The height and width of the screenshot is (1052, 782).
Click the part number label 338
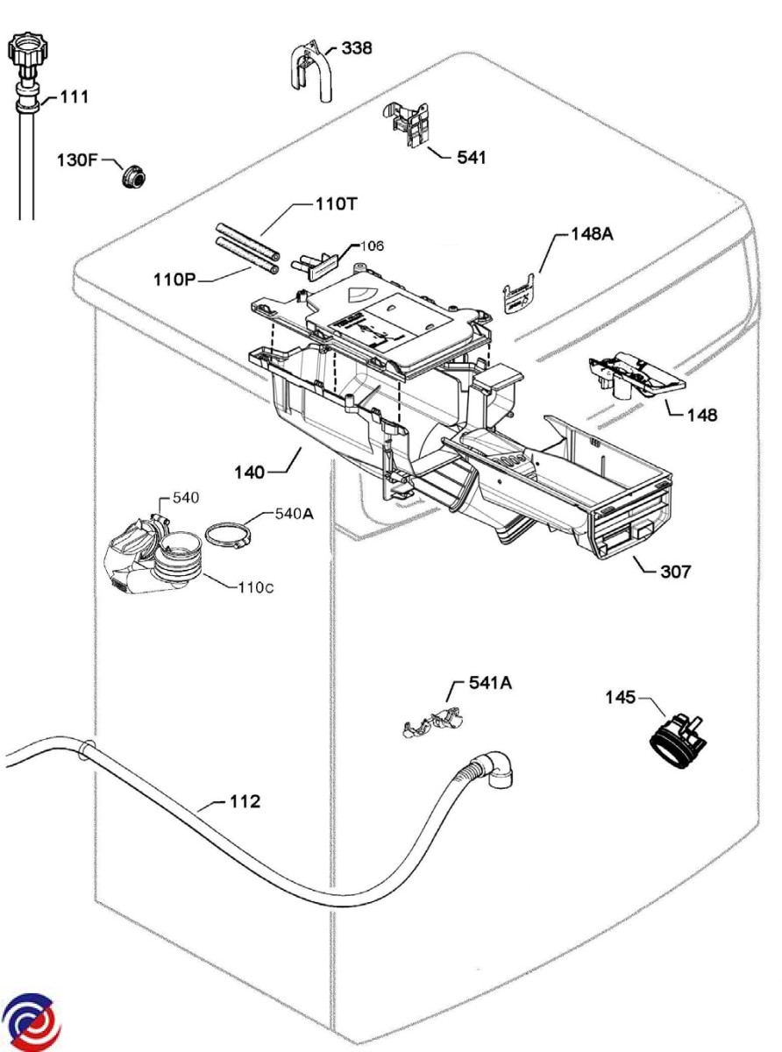coord(356,48)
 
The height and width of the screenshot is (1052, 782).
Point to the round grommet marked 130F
coord(133,176)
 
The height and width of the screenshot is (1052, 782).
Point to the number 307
coord(676,572)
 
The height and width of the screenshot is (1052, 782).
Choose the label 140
coord(249,473)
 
